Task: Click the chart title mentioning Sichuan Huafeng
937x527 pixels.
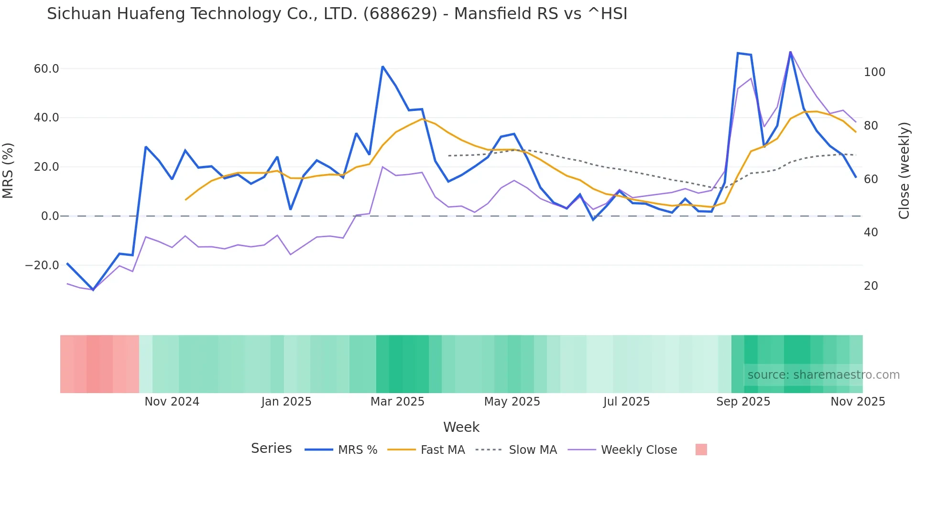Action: point(337,14)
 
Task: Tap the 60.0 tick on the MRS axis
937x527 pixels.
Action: point(46,69)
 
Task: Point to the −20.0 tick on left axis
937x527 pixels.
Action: point(42,265)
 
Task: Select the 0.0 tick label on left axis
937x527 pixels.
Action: point(50,216)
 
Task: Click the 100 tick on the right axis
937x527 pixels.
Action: point(874,72)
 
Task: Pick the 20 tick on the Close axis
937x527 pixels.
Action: point(871,286)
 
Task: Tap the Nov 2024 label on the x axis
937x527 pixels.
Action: point(172,402)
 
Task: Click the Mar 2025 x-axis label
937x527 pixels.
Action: point(397,402)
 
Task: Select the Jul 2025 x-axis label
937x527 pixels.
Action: point(626,402)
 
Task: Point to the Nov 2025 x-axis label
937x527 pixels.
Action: point(858,402)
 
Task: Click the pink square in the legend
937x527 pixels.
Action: point(701,450)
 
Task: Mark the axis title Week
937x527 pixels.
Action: point(461,427)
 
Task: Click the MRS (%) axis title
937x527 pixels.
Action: point(8,171)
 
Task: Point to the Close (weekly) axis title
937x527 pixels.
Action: point(904,171)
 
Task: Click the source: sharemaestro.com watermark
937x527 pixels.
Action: point(823,375)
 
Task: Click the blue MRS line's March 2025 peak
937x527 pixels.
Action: point(382,67)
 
